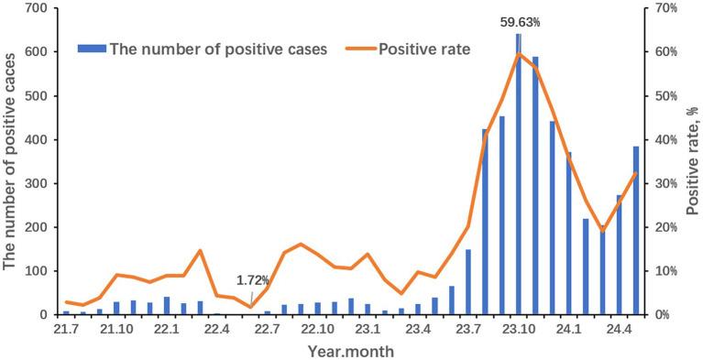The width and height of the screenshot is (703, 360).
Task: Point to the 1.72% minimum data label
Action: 252,279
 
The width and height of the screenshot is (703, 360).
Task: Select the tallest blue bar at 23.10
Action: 519,174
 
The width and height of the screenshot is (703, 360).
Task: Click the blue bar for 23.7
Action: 467,282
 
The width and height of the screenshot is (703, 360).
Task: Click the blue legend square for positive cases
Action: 98,49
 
